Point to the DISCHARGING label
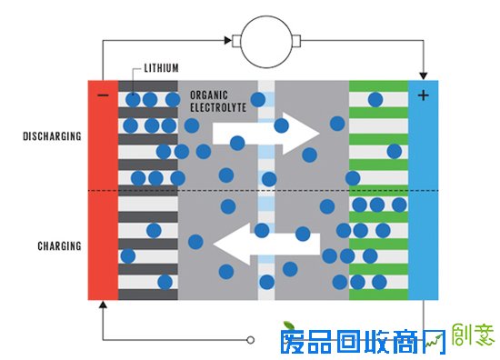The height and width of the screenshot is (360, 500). pos(52,136)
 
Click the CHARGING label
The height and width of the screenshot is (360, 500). pos(59,246)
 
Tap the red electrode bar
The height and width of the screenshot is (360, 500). pos(103,191)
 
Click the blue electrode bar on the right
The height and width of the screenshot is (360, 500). pos(423,191)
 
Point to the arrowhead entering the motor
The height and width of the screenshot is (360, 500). pos(226,40)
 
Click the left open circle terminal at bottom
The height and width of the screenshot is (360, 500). pos(252,341)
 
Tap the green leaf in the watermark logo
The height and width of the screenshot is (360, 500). pos(289,326)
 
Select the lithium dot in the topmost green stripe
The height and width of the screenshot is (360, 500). pos(375,98)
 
